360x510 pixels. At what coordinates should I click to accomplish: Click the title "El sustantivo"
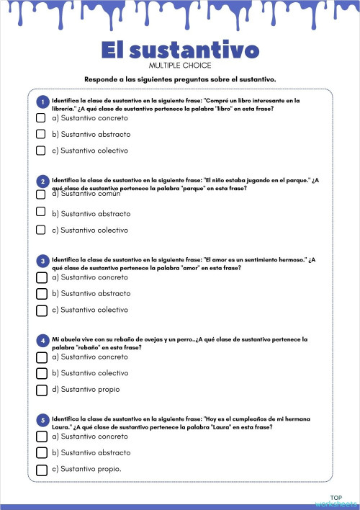tap(180, 50)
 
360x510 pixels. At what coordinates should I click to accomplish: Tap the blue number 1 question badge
tap(44, 102)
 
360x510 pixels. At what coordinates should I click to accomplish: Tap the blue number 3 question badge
tap(44, 261)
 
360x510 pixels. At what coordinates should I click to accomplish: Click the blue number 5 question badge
tap(44, 420)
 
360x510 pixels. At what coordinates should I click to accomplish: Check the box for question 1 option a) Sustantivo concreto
tap(41, 117)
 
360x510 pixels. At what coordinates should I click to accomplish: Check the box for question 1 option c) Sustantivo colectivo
tap(41, 151)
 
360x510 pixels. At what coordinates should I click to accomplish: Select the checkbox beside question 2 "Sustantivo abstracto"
tap(41, 213)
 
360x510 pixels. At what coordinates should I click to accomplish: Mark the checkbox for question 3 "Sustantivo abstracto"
tap(41, 293)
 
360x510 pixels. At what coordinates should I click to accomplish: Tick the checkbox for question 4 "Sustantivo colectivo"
tap(41, 373)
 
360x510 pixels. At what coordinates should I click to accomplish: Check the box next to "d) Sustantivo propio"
tap(41, 390)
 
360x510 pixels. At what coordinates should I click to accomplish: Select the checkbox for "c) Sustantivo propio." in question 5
tap(41, 470)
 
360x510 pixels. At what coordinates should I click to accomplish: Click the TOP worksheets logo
tap(336, 501)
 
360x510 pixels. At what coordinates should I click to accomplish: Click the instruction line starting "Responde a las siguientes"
tap(180, 79)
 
